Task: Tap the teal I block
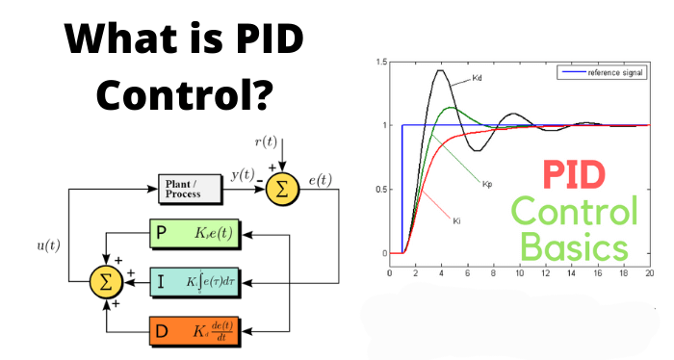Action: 198,280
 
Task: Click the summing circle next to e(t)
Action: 281,188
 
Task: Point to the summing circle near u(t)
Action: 103,280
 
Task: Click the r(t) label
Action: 266,142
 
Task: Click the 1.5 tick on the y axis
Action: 380,63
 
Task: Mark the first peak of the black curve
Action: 440,70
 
